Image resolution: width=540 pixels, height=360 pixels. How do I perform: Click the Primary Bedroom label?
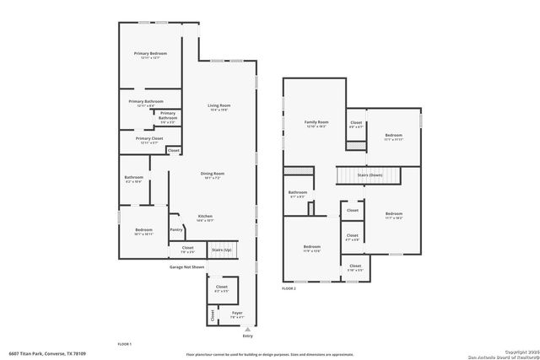tap(150, 54)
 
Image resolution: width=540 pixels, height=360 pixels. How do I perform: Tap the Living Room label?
tap(219, 105)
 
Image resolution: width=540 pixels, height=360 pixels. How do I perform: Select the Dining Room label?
tap(213, 174)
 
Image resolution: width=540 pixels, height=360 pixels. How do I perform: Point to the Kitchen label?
tap(206, 216)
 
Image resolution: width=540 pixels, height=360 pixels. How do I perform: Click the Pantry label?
tap(176, 228)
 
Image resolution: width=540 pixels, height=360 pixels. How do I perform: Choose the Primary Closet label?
tap(149, 138)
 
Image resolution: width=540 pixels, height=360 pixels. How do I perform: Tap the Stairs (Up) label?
tap(221, 250)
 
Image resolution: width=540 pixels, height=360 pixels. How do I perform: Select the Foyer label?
tap(237, 313)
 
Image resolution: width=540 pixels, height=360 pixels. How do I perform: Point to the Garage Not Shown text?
tap(187, 266)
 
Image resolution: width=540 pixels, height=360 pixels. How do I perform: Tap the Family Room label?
tap(316, 122)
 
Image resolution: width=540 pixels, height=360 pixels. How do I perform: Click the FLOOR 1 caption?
tap(125, 345)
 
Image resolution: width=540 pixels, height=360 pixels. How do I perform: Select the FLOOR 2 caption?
tap(289, 288)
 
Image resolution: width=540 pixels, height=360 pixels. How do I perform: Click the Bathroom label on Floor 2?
tap(298, 192)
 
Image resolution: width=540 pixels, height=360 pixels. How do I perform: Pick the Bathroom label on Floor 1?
tap(134, 177)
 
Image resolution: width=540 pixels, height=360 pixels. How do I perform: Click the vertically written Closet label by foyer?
tap(213, 314)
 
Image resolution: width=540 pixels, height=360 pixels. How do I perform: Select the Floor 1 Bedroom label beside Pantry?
tap(143, 230)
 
